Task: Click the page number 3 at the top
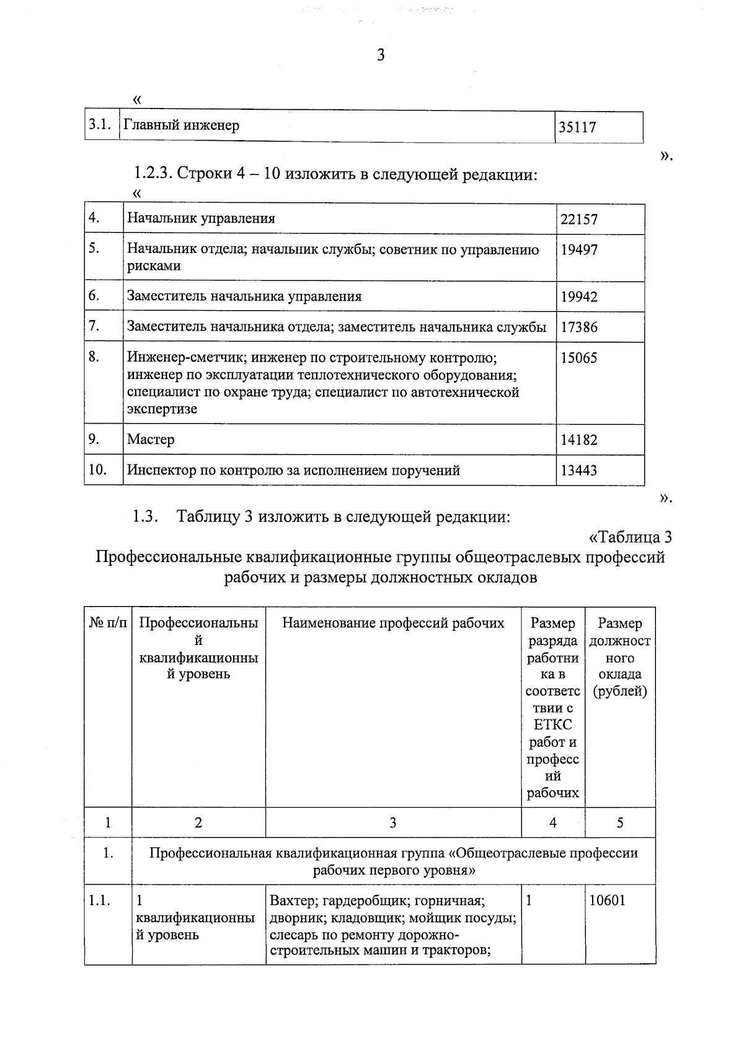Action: (381, 55)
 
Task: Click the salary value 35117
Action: (577, 127)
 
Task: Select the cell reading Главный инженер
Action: (182, 125)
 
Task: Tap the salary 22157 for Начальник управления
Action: (578, 219)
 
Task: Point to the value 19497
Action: (578, 250)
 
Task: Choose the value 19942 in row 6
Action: (578, 296)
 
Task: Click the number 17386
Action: (578, 327)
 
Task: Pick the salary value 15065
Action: (578, 358)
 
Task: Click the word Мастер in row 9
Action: (151, 440)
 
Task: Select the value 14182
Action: (578, 440)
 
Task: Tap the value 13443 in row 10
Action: (578, 470)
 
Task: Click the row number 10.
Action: (97, 470)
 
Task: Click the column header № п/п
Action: (108, 623)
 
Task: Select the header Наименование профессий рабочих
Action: (393, 623)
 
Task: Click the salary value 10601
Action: (607, 901)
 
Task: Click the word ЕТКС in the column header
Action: (552, 725)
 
